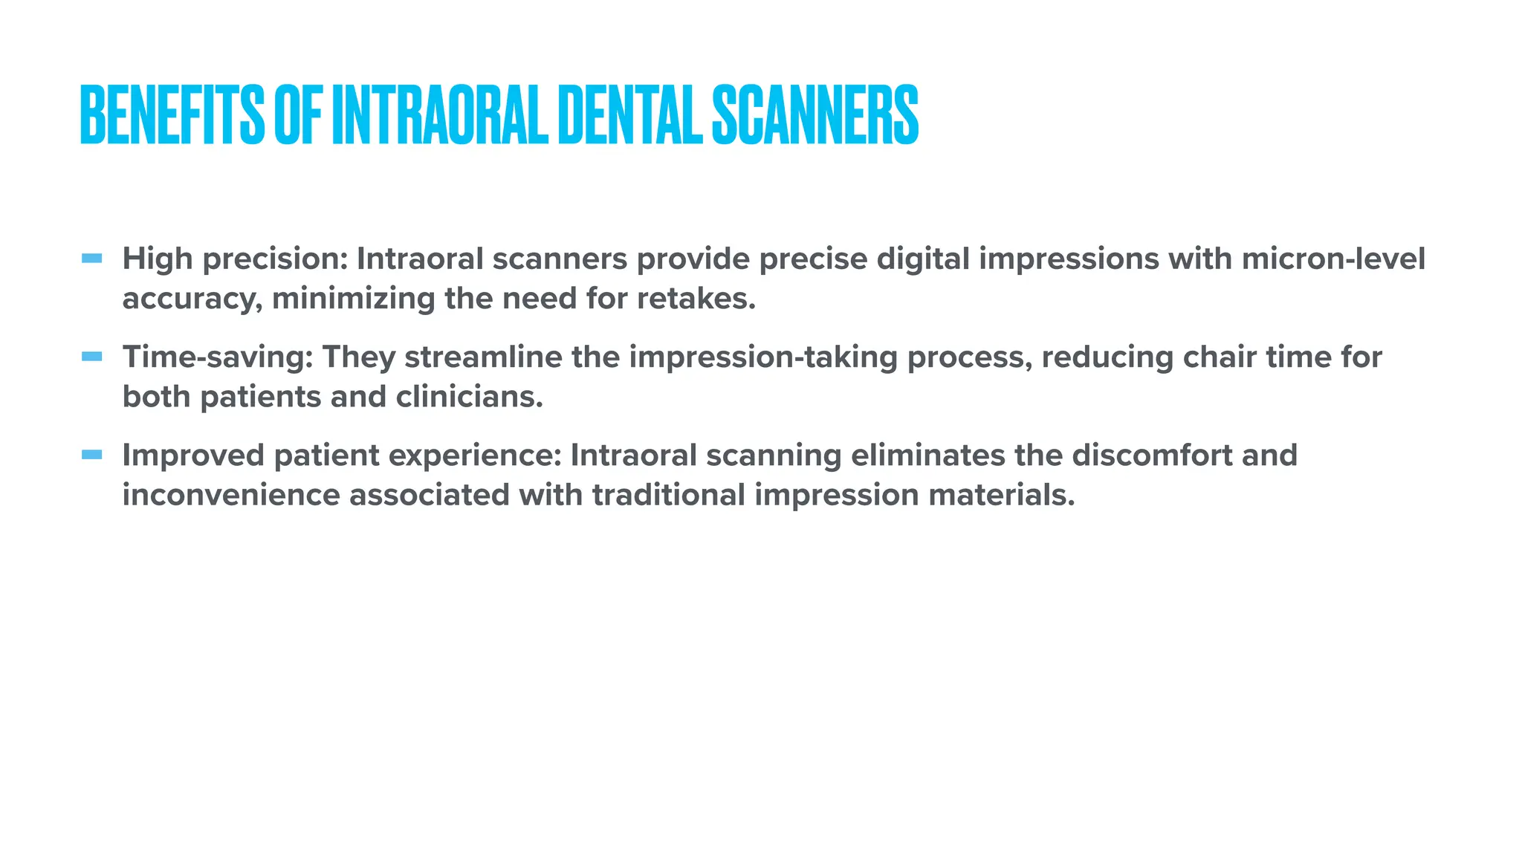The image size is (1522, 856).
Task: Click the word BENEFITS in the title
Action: pos(172,115)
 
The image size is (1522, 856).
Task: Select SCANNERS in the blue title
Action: pos(815,115)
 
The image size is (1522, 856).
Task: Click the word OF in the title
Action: pos(298,115)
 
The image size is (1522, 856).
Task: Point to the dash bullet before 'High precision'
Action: pos(92,259)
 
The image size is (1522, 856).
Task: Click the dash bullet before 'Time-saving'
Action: pos(92,357)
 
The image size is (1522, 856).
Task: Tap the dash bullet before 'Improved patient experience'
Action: pos(92,455)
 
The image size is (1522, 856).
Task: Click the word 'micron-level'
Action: pos(1333,259)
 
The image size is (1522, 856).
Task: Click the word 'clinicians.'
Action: pos(469,396)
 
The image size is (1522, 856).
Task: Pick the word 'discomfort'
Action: pos(1152,455)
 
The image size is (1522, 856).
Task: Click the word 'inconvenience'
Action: pos(231,494)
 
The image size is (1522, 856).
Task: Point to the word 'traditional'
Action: pos(668,494)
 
